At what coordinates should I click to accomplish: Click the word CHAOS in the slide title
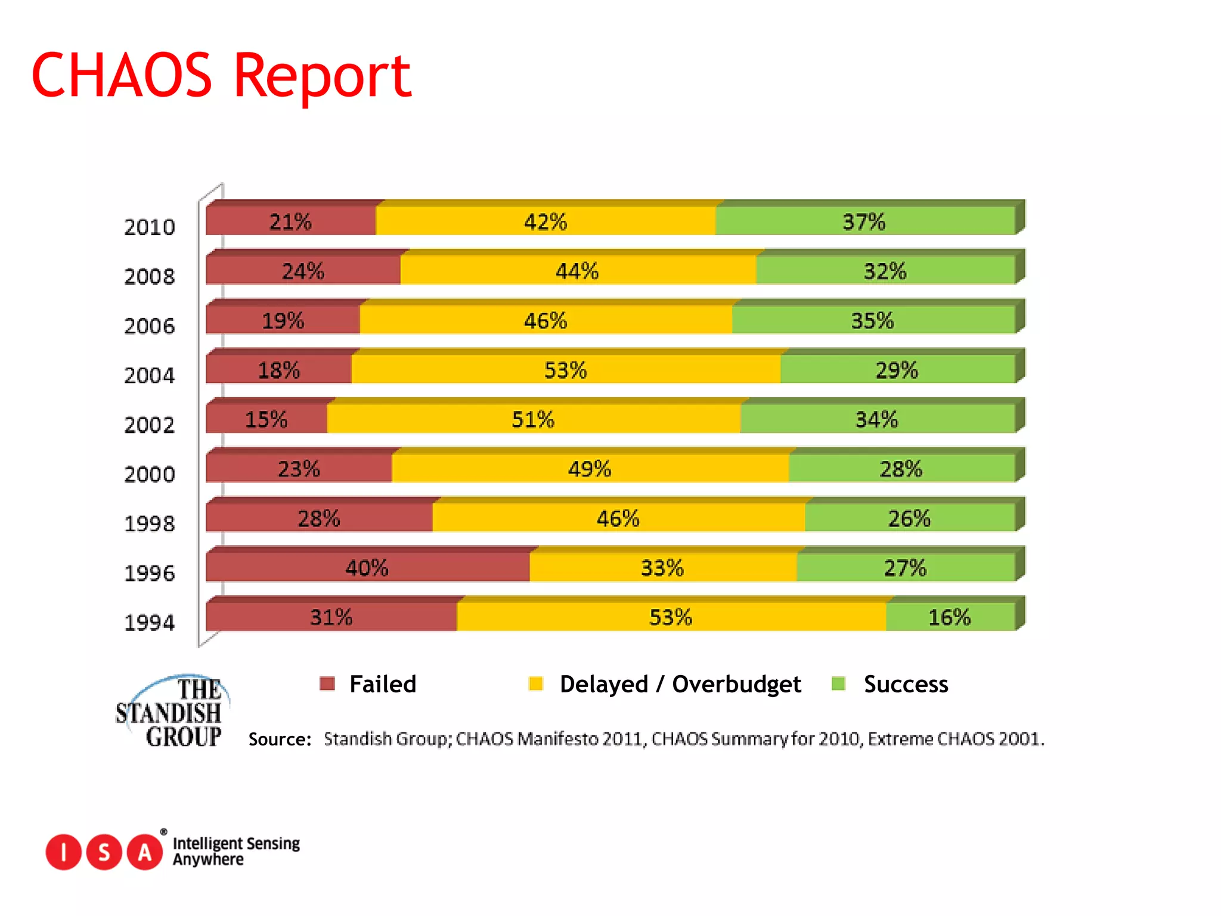122,76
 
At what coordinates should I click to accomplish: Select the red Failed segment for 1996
367,567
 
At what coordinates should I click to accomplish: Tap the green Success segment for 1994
950,617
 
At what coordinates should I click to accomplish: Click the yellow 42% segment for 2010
545,221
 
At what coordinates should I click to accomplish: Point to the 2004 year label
149,375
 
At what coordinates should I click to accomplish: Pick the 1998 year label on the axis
149,524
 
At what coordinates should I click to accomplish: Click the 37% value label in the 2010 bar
863,221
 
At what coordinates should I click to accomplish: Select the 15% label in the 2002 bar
266,419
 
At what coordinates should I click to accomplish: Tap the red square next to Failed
327,683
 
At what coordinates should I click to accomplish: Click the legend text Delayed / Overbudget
680,684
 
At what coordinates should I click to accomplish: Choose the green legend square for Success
838,683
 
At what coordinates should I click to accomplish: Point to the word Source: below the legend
280,739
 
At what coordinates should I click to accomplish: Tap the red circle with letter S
104,852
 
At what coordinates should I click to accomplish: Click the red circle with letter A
145,852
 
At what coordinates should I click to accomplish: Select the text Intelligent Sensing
236,843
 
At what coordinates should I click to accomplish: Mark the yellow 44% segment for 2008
577,271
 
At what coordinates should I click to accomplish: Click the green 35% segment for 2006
872,320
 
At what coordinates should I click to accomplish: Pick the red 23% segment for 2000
299,469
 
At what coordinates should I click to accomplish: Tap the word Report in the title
322,76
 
